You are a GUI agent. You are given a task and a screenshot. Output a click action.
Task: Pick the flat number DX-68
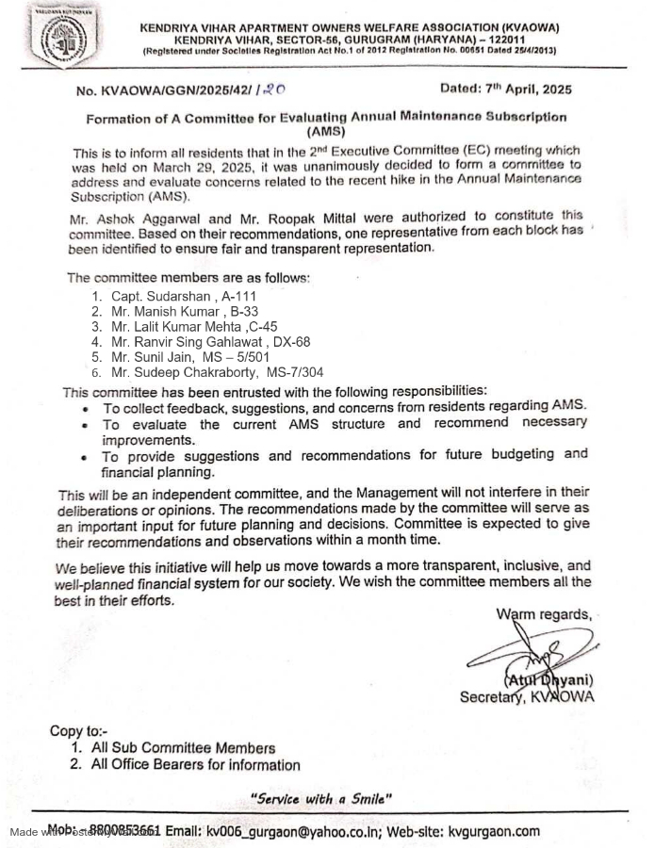point(291,342)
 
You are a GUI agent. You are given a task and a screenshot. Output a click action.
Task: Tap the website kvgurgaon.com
point(494,831)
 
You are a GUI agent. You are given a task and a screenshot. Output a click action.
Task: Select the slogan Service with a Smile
point(320,799)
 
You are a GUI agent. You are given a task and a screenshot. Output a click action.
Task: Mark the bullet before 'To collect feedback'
point(86,409)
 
